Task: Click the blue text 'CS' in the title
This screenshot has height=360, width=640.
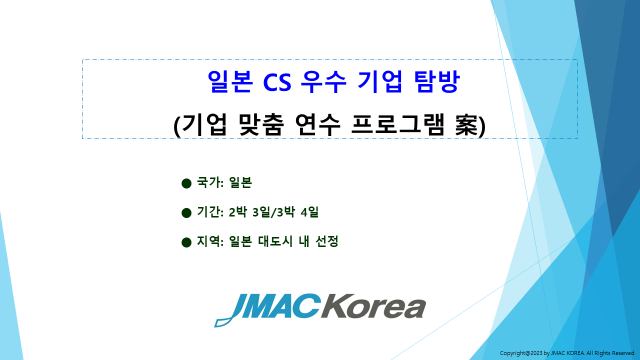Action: tap(277, 82)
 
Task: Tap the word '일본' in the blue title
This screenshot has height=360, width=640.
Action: tap(230, 81)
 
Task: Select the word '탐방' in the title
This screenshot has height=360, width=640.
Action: tap(437, 81)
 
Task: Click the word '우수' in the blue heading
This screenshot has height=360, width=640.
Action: tap(323, 81)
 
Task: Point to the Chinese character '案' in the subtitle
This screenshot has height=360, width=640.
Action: tap(466, 125)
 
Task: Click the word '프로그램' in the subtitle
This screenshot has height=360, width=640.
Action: tap(397, 125)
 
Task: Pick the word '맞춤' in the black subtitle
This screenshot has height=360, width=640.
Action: tap(261, 125)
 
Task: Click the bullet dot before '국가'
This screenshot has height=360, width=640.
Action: tap(186, 183)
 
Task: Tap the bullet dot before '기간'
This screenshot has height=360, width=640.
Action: tap(186, 213)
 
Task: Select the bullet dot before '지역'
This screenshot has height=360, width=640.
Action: tap(186, 242)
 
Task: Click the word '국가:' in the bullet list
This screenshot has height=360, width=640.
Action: tap(210, 182)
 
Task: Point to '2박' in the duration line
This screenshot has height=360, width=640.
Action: tap(237, 212)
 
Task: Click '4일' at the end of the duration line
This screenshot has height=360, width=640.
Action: tap(309, 212)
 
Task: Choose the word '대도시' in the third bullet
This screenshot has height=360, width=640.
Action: tap(275, 241)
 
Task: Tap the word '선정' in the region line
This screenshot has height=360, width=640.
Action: tap(327, 241)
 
